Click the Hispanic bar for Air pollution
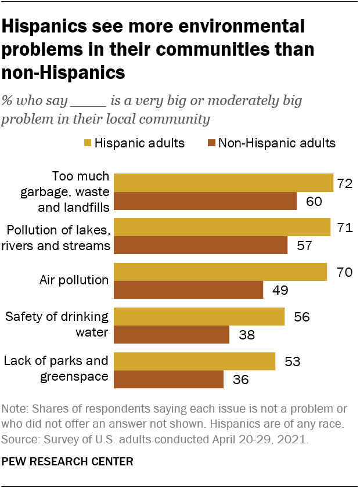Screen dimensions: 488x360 click(220, 272)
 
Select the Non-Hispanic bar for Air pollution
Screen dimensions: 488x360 click(188, 290)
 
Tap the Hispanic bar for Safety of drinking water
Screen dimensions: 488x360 click(199, 317)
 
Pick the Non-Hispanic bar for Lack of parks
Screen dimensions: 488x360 click(168, 379)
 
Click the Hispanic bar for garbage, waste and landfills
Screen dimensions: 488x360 click(223, 183)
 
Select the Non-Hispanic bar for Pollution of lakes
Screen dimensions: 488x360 click(200, 245)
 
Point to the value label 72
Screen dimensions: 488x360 click(344, 184)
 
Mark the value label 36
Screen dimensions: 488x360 click(240, 379)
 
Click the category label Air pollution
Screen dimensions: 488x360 click(74, 280)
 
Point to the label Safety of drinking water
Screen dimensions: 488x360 click(56, 324)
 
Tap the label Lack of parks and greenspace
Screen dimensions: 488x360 click(56, 368)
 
